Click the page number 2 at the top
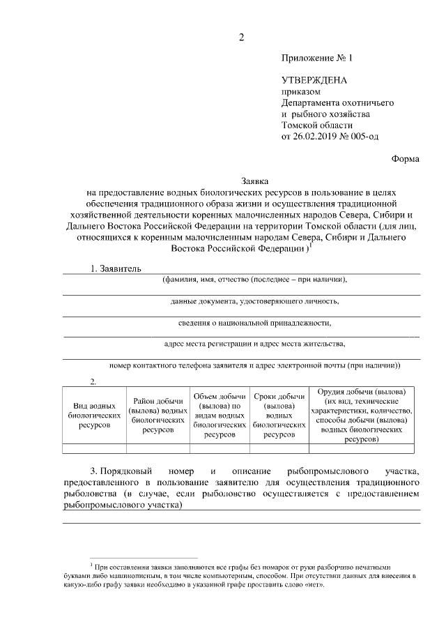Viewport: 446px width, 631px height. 241,38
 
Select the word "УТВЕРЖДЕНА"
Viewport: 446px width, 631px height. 314,81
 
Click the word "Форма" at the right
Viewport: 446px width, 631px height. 406,158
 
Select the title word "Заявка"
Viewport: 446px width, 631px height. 241,181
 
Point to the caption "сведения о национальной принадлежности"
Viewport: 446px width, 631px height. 254,324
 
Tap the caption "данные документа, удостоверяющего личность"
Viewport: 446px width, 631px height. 254,302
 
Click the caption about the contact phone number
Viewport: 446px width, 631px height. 254,365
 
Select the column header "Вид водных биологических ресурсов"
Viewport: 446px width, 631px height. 94,414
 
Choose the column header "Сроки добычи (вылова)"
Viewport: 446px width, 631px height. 279,414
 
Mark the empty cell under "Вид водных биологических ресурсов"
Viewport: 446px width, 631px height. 94,449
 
